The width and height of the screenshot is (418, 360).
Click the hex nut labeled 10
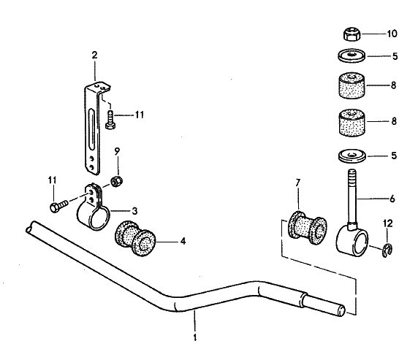tap(351, 34)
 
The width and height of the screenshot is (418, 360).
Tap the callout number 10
tap(392, 34)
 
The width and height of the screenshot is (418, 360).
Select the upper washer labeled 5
tap(352, 56)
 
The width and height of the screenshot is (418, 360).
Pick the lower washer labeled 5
tap(352, 156)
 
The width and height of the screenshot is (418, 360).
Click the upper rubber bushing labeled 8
tap(352, 85)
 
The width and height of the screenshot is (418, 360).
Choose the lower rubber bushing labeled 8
tap(352, 123)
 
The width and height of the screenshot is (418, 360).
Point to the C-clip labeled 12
tap(387, 250)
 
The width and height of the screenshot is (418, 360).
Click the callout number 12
tap(388, 223)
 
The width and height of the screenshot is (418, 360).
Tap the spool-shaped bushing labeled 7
tap(308, 228)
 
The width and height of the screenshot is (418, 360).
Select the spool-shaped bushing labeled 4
tap(135, 239)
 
